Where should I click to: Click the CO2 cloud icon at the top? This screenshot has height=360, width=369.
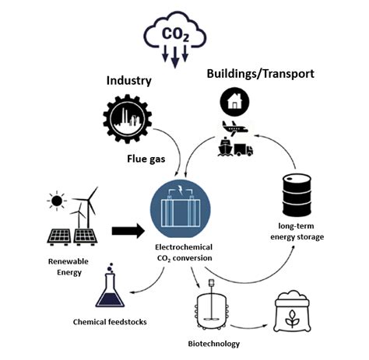tap(175, 35)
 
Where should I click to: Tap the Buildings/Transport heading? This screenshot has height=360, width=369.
tap(260, 74)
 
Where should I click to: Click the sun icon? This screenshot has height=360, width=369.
tap(55, 201)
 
